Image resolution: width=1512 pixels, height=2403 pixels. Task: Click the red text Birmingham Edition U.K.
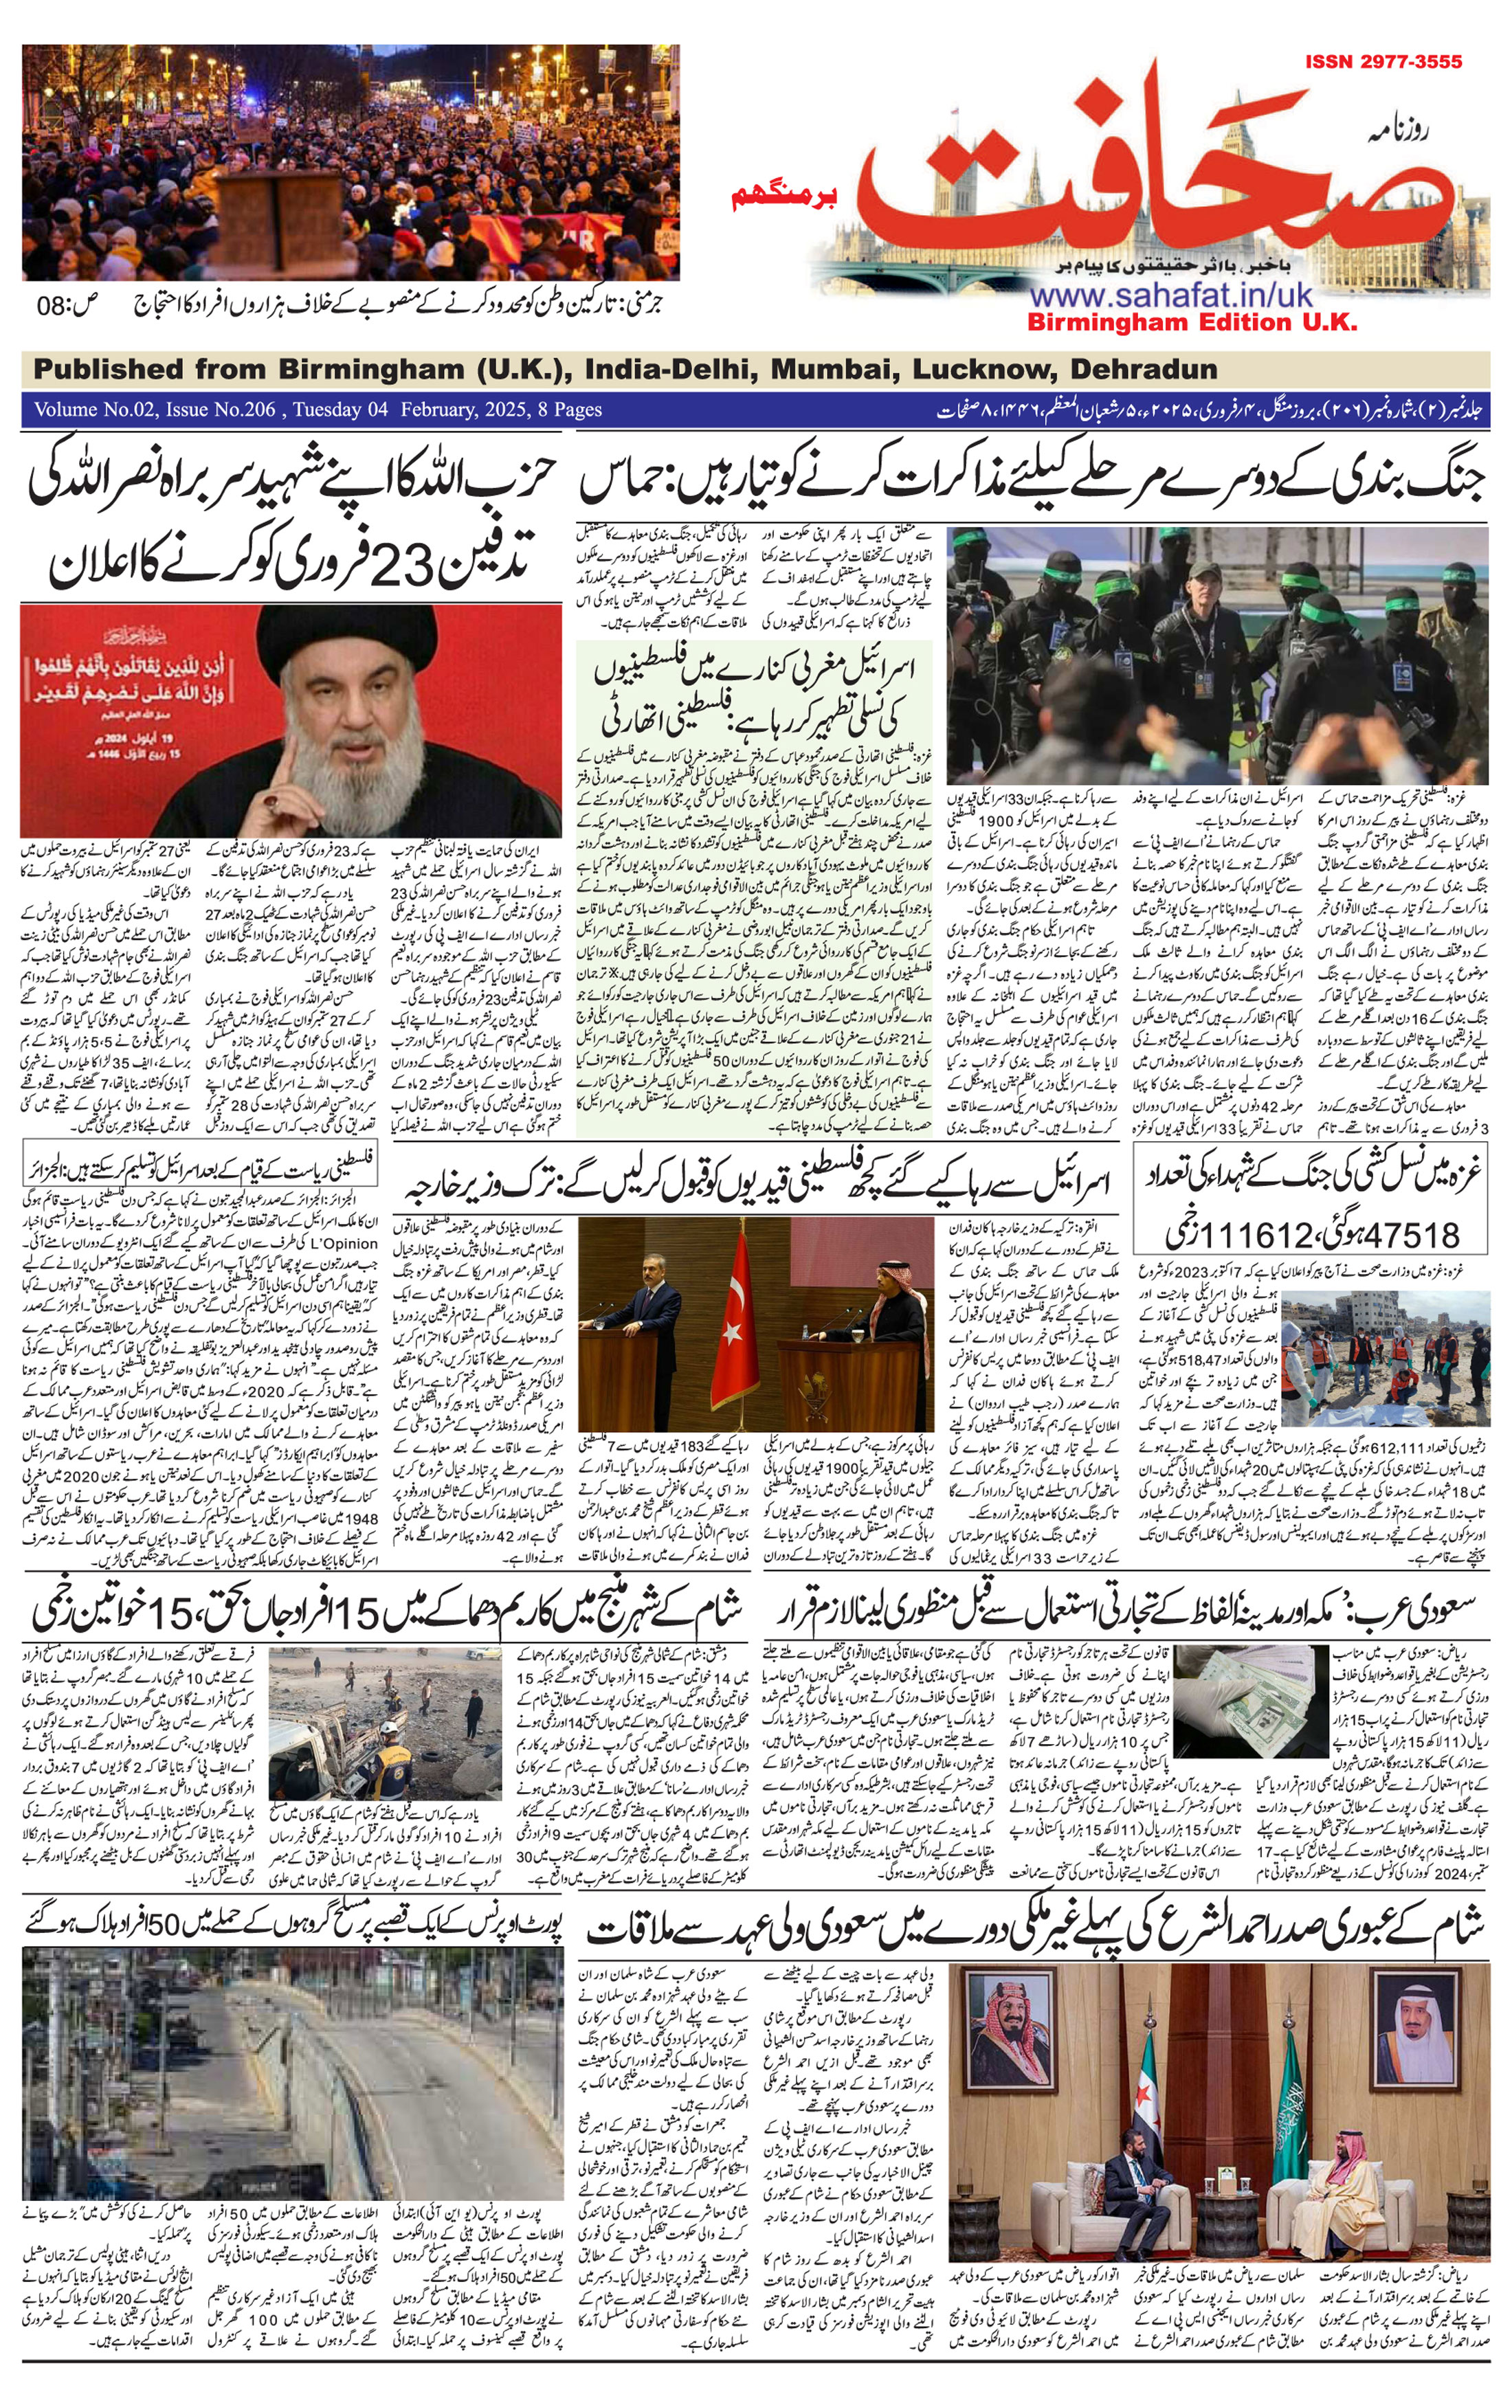[x=1192, y=322]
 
